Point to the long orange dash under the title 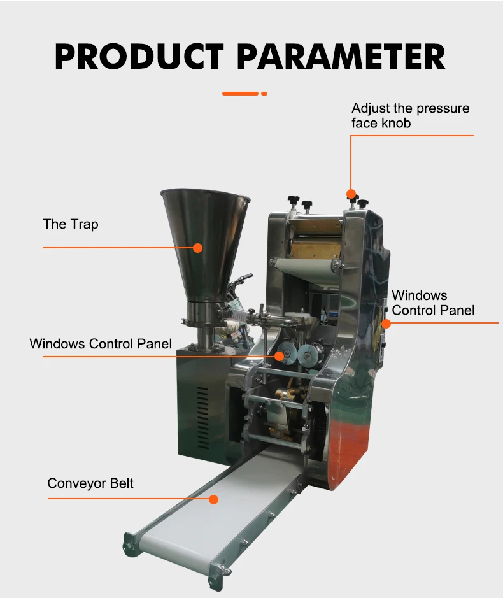tap(240, 94)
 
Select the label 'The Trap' tap(71, 224)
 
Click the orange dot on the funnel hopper tap(198, 248)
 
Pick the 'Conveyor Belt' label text tap(90, 483)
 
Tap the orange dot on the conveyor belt tap(213, 499)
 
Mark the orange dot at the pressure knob tap(350, 193)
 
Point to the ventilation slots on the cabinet tap(202, 407)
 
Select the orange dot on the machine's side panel tap(386, 324)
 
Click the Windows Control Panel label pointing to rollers tap(101, 344)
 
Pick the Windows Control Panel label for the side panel tap(433, 303)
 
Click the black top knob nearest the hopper tap(294, 199)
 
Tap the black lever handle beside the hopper tap(243, 279)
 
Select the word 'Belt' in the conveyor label tap(120, 483)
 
